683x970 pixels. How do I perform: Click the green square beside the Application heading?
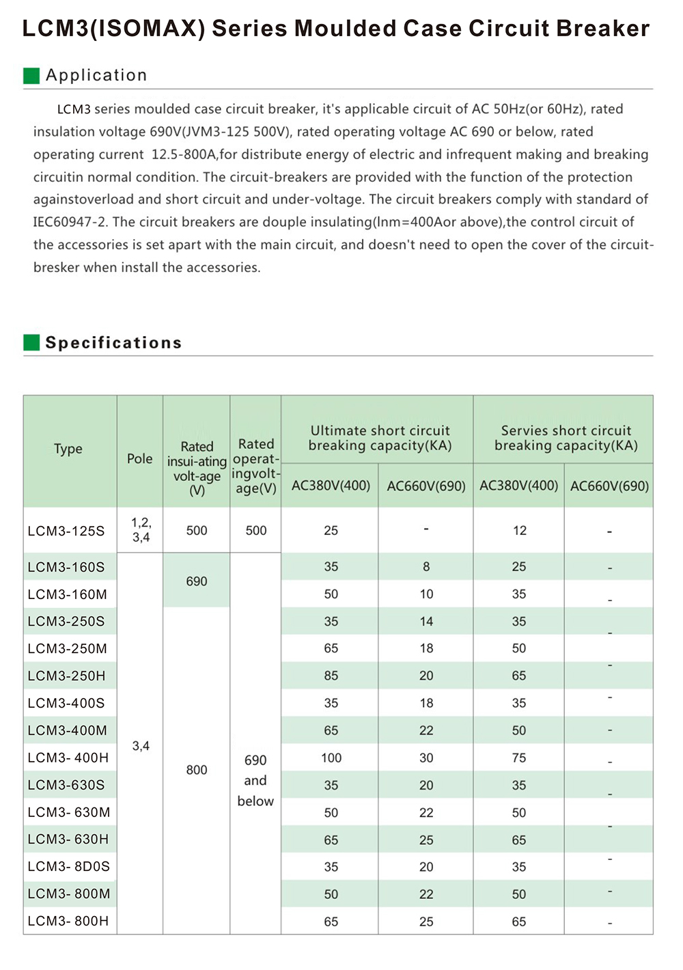tap(31, 76)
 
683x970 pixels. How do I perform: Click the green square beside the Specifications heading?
tap(31, 343)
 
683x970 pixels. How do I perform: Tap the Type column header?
tap(68, 449)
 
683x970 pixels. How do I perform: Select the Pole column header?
tap(140, 459)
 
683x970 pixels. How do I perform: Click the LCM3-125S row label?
tap(66, 531)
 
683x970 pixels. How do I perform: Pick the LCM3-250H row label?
tap(67, 676)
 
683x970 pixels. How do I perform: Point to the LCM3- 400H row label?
tap(68, 758)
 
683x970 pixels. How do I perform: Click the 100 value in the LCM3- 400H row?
tap(331, 758)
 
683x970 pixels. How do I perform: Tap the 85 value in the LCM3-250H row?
tap(331, 676)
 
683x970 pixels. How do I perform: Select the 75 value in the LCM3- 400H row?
tap(519, 758)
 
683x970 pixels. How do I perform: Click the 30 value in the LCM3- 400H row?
tap(426, 758)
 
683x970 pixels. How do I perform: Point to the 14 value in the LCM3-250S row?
tap(426, 622)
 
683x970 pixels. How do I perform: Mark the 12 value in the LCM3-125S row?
tap(520, 531)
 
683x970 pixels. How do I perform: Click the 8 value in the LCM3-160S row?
tap(426, 567)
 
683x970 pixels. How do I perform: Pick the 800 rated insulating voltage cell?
tap(197, 770)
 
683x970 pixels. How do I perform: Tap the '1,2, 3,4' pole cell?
tap(141, 530)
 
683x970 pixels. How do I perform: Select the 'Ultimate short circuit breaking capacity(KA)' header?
tap(380, 438)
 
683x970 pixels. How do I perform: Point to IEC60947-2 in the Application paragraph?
tap(69, 222)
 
